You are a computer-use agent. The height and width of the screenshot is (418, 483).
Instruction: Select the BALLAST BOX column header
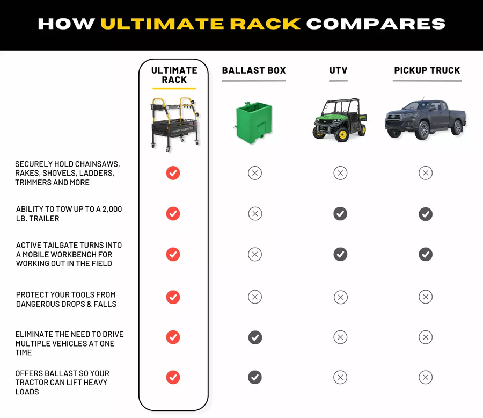click(x=254, y=70)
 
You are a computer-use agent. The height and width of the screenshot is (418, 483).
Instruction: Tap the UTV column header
click(x=338, y=70)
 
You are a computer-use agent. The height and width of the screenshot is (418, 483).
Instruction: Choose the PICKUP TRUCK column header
click(x=427, y=70)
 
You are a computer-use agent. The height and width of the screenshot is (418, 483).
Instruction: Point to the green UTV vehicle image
click(x=339, y=120)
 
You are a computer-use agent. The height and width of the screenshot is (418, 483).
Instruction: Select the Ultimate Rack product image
click(x=174, y=121)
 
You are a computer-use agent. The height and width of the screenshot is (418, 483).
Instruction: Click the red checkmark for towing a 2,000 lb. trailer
click(x=173, y=214)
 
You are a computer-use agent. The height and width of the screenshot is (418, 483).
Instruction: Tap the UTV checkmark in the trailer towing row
click(x=340, y=214)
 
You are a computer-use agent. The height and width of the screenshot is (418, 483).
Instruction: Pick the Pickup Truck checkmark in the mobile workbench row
click(x=426, y=254)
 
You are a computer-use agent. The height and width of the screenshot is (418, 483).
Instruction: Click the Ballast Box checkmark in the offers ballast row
click(x=255, y=378)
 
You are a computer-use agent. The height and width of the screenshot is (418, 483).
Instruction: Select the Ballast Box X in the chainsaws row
click(x=255, y=173)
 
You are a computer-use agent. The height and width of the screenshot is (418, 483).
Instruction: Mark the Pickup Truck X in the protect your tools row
click(x=426, y=297)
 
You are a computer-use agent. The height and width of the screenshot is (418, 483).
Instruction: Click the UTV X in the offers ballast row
click(x=340, y=378)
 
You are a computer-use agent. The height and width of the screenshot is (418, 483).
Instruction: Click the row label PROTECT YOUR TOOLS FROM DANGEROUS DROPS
click(x=66, y=299)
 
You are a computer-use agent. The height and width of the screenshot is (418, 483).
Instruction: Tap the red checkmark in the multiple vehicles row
click(x=173, y=337)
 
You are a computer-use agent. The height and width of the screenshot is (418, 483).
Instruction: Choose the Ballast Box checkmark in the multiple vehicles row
click(x=255, y=337)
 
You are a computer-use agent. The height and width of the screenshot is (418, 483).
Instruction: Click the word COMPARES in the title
click(x=376, y=24)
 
